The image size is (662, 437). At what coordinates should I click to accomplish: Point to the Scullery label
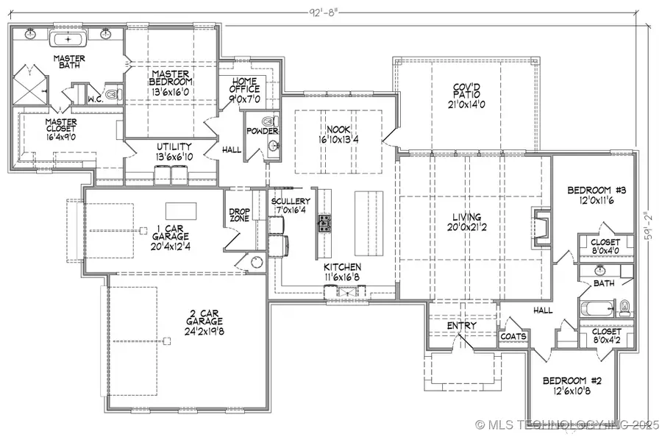[x=290, y=202]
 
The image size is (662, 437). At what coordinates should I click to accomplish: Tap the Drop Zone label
[x=239, y=216]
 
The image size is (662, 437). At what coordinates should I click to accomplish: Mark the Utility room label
[x=174, y=148]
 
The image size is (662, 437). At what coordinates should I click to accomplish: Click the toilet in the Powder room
[x=269, y=121]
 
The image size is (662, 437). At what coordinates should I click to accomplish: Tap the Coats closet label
[x=513, y=336]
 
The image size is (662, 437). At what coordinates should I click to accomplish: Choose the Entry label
[x=461, y=325]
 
